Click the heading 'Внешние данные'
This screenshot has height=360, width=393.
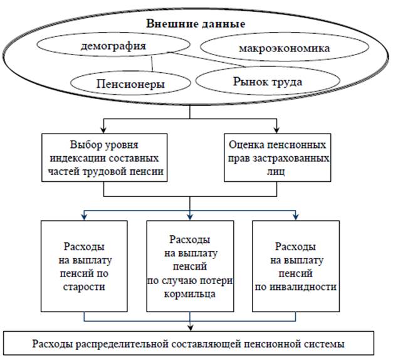tap(196, 24)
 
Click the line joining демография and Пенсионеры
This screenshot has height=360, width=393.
tap(152, 64)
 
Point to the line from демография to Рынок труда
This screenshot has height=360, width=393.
tap(207, 60)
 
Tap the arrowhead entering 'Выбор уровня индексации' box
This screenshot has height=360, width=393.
tap(103, 130)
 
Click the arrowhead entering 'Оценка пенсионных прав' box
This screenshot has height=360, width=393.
tap(276, 130)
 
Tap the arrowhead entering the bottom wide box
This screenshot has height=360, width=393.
tap(191, 328)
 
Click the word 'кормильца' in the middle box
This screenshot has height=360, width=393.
tap(189, 294)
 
